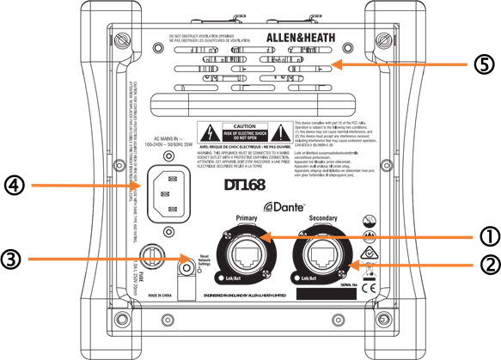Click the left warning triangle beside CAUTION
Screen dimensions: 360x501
[210, 134]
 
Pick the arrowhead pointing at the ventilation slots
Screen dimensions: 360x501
[334, 64]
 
